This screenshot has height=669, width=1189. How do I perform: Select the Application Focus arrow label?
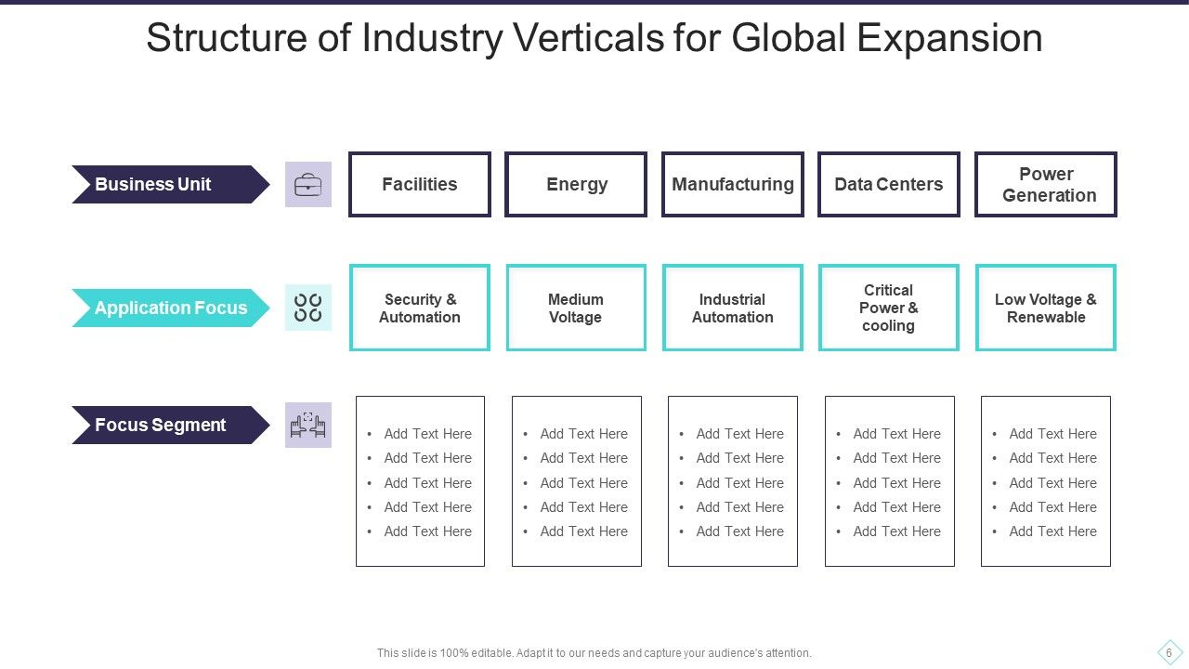click(170, 308)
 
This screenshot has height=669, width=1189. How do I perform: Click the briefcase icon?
click(307, 184)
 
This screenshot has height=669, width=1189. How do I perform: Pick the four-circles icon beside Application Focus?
click(307, 308)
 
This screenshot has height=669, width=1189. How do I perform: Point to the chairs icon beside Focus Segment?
click(307, 425)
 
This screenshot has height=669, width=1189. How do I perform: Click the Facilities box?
click(420, 184)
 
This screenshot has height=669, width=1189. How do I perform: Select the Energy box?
click(576, 184)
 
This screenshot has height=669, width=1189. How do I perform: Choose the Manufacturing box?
click(733, 184)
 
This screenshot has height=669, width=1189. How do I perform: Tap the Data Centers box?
click(889, 184)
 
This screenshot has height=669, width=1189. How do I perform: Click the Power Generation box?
click(1046, 184)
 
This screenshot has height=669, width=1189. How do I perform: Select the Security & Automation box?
click(420, 308)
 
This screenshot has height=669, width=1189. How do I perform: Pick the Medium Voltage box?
click(576, 308)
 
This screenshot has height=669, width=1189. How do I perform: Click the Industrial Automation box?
click(733, 308)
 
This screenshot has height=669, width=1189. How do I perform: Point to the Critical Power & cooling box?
click(889, 308)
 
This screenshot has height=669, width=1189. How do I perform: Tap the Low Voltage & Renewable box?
click(1046, 308)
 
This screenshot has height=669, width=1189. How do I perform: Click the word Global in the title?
click(789, 38)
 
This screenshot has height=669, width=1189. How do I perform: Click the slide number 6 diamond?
click(1169, 652)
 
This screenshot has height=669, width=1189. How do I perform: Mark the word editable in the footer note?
click(489, 653)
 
